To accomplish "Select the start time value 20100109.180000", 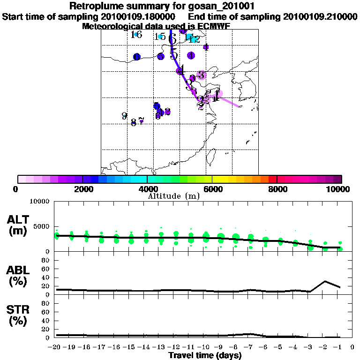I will coord(140,16).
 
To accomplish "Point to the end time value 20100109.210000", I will coord(320,16).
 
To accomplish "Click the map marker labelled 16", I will coord(136,35).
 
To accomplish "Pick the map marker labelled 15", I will coord(160,37).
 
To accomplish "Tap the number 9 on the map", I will coord(124,116).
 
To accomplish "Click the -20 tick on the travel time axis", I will coord(55,347).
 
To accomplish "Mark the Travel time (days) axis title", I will coord(205,356).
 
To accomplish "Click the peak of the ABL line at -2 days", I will coord(325,281).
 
